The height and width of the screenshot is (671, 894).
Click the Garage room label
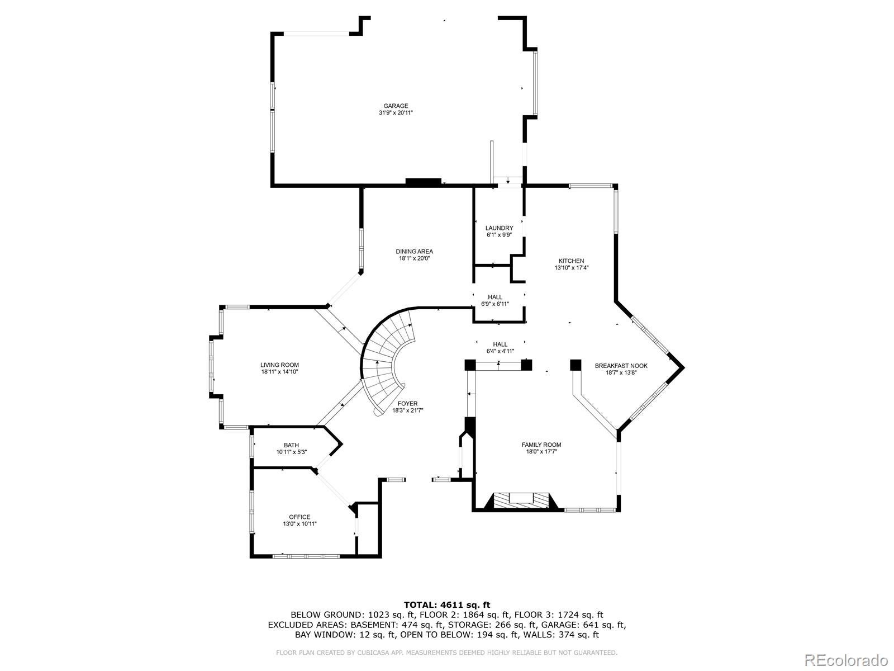pyautogui.click(x=396, y=106)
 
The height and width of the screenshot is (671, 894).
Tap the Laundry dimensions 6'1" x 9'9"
pyautogui.click(x=499, y=235)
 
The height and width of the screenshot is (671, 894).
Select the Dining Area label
pyautogui.click(x=414, y=251)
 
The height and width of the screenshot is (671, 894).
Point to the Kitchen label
pyautogui.click(x=571, y=261)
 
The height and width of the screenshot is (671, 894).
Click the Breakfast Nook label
pyautogui.click(x=621, y=366)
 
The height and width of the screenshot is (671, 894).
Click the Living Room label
pyautogui.click(x=279, y=365)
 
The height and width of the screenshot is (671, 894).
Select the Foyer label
pyautogui.click(x=407, y=404)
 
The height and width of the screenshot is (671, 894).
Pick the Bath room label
pyautogui.click(x=291, y=445)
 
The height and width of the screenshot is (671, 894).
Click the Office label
pyautogui.click(x=299, y=517)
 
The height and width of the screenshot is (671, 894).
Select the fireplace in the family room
pyautogui.click(x=521, y=500)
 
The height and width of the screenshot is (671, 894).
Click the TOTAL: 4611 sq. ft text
pyautogui.click(x=446, y=604)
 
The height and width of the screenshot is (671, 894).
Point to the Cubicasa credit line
pyautogui.click(x=446, y=653)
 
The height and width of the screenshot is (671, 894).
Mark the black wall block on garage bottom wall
pyautogui.click(x=423, y=182)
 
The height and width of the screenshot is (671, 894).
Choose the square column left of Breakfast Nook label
pyautogui.click(x=576, y=365)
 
